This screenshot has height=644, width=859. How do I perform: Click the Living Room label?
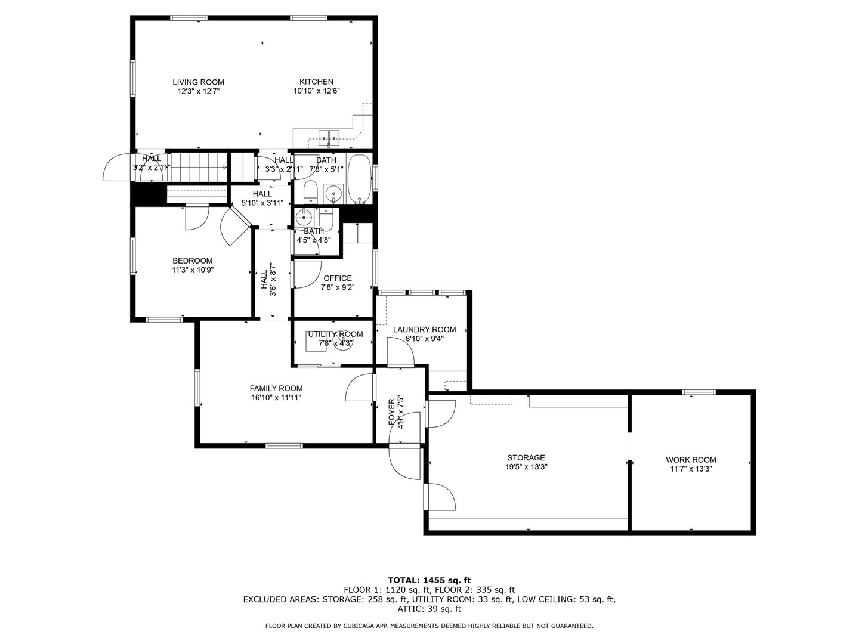[x=198, y=82]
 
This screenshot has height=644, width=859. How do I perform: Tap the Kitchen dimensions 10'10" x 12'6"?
[x=316, y=92]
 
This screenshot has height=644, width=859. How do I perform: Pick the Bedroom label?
[x=192, y=261]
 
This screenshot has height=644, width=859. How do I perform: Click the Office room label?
[x=337, y=278]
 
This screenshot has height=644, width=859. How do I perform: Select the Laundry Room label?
[x=424, y=329]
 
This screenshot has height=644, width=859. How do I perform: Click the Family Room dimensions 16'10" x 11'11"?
[x=276, y=397]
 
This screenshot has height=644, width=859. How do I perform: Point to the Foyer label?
[x=392, y=411]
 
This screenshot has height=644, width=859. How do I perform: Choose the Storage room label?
[x=526, y=458]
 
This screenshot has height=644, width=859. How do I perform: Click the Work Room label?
[x=691, y=460]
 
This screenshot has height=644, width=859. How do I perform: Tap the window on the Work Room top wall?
[x=699, y=392]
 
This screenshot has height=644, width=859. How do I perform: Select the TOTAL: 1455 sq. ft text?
[x=429, y=580]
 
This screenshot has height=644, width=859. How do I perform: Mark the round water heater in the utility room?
[x=342, y=340]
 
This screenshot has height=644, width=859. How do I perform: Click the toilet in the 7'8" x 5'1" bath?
[x=310, y=193]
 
